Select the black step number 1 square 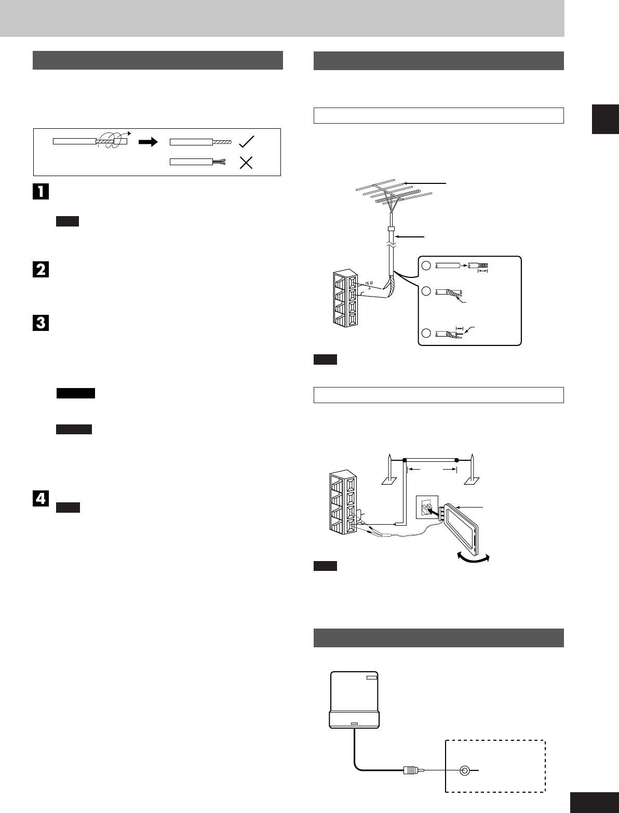coord(41,191)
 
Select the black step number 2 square coord(41,270)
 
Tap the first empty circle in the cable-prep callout coord(426,266)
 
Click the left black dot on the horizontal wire coord(404,460)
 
